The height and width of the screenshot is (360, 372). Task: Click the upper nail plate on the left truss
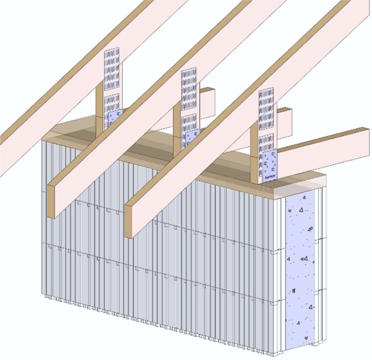point(111,66)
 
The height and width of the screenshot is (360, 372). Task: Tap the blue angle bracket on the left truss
point(114,120)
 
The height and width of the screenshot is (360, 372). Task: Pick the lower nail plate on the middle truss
point(190,121)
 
